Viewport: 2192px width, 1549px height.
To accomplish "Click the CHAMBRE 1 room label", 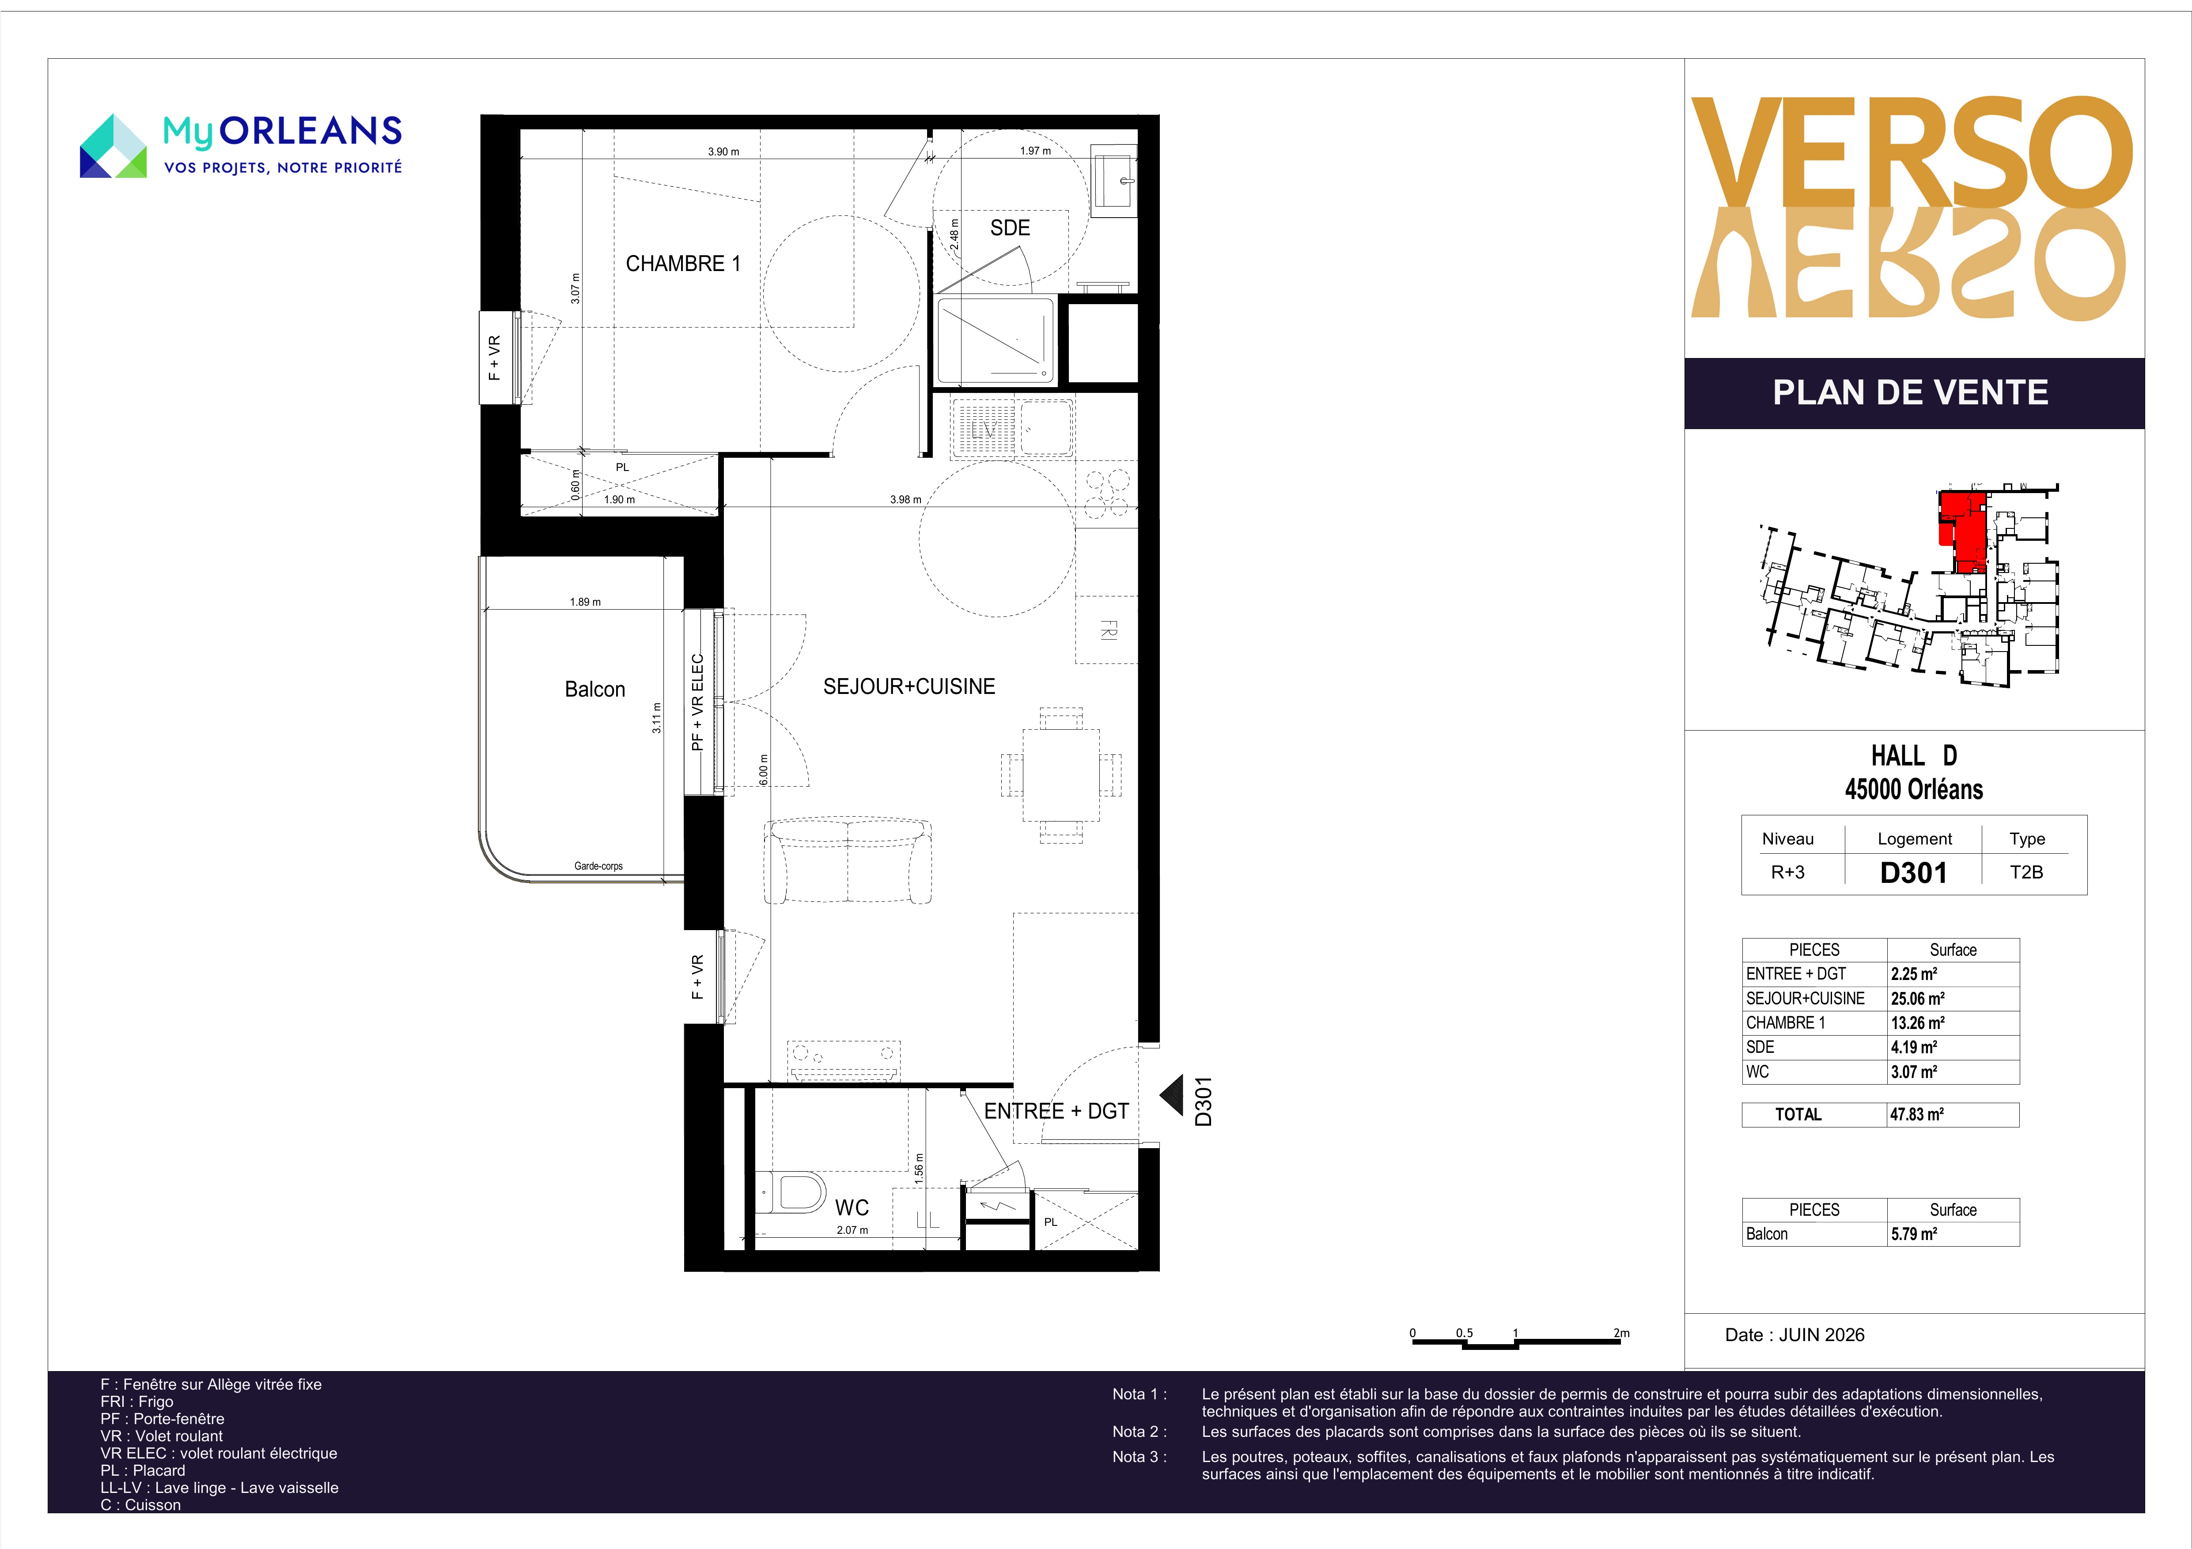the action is pyautogui.click(x=683, y=264).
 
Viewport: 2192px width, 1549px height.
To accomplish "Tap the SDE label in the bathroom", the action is pyautogui.click(x=1010, y=228).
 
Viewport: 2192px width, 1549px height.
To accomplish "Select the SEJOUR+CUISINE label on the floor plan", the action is pyautogui.click(x=909, y=686).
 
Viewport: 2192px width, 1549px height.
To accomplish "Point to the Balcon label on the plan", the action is pyautogui.click(x=595, y=689).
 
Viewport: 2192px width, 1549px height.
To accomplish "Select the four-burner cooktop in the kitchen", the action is pyautogui.click(x=1107, y=494).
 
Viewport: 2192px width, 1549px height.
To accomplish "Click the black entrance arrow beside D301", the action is pyautogui.click(x=1171, y=1096).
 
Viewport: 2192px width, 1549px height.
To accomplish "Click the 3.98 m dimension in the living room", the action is pyautogui.click(x=905, y=499).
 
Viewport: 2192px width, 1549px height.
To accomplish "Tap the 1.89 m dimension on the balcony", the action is pyautogui.click(x=585, y=602).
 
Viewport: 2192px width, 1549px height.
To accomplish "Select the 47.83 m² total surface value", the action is pyautogui.click(x=1917, y=1114).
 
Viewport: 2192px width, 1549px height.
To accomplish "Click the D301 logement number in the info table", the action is pyautogui.click(x=1913, y=872).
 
